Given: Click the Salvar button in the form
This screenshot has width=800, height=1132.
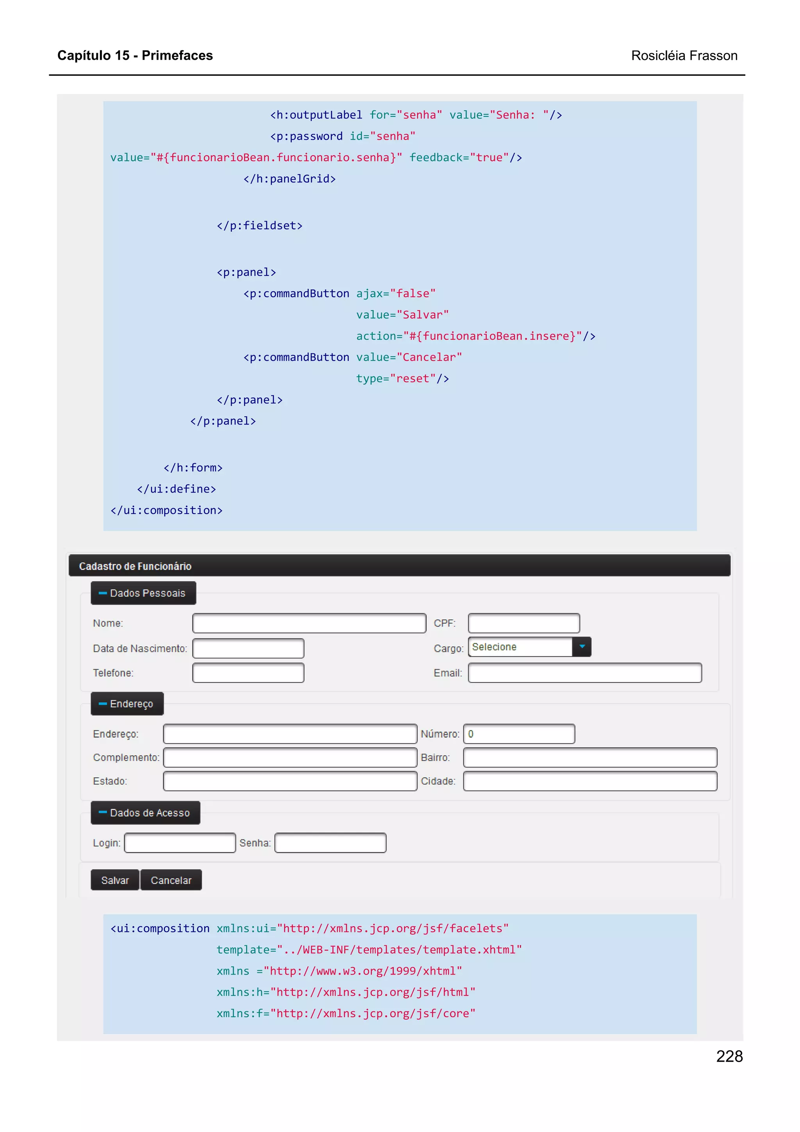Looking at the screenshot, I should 115,880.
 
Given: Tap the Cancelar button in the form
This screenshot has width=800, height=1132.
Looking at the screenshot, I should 171,880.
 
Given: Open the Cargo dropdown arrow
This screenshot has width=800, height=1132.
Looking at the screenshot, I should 582,647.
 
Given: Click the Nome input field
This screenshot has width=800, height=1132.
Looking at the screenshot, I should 309,623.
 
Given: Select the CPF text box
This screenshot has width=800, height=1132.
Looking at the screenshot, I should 523,623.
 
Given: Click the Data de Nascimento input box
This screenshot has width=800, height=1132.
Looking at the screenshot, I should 248,648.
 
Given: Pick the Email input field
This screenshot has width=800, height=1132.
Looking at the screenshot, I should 585,673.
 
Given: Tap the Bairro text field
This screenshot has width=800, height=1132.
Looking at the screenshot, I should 590,757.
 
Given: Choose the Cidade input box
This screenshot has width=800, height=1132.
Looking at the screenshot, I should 590,781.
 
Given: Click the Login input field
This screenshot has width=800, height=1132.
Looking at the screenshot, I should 180,843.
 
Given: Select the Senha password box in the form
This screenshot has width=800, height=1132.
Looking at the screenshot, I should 330,843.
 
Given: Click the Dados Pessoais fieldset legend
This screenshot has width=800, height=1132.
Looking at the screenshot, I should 143,593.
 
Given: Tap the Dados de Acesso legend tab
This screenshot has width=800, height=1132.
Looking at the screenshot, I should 145,812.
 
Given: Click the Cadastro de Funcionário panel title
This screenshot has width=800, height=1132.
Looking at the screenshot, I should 135,566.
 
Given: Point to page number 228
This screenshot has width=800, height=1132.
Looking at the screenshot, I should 729,1056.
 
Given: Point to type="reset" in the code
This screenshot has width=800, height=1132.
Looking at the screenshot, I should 402,379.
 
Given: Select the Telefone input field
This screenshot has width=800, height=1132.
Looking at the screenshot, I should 248,673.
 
